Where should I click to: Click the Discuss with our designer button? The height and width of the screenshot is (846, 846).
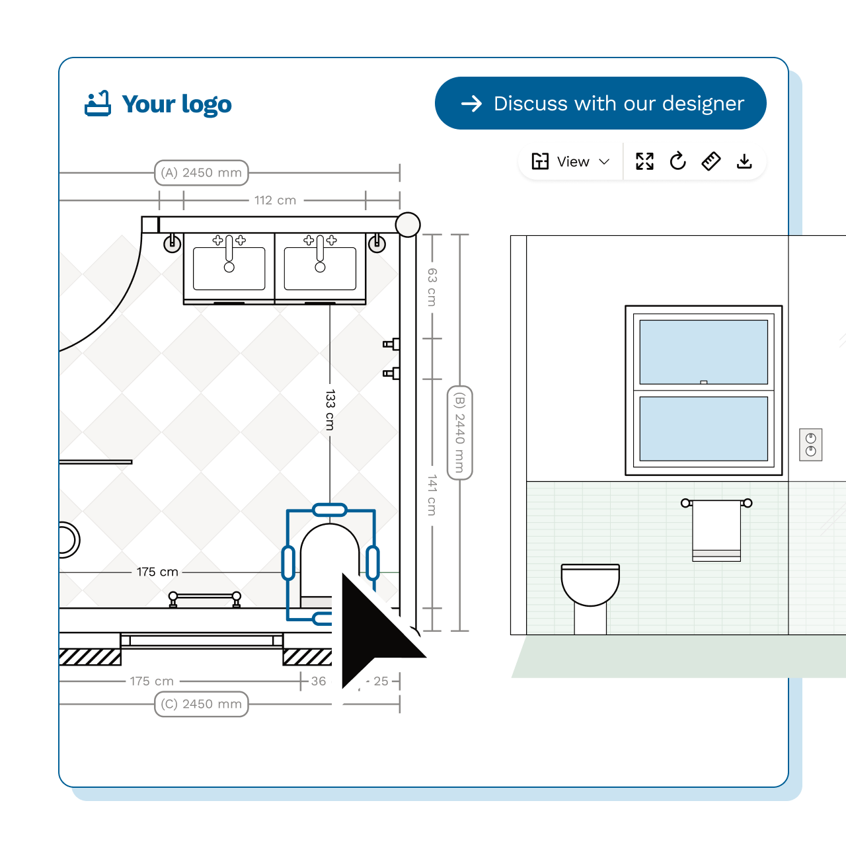click(x=600, y=103)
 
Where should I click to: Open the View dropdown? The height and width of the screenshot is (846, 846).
click(x=570, y=162)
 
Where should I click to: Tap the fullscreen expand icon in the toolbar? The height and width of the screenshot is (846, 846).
click(x=644, y=161)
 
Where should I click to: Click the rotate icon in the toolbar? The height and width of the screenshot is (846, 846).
click(x=677, y=161)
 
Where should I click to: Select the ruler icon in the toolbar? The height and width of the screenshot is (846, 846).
click(x=711, y=161)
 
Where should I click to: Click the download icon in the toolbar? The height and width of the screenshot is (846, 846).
click(x=744, y=161)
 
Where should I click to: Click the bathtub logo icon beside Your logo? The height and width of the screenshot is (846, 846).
click(x=98, y=104)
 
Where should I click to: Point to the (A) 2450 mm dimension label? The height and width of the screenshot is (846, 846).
click(x=201, y=173)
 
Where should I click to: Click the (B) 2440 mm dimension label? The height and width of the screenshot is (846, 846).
click(x=460, y=432)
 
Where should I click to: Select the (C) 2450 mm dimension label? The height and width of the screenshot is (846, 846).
click(x=201, y=704)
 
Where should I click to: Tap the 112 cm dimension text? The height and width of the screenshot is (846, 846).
click(x=275, y=200)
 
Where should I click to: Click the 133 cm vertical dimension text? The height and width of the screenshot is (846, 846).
click(x=330, y=410)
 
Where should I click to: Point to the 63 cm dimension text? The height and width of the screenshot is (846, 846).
click(x=432, y=286)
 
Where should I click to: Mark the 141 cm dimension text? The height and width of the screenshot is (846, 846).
click(x=432, y=494)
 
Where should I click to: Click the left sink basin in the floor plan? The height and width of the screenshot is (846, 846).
click(x=229, y=268)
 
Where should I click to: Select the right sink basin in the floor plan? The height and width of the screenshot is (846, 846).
click(x=320, y=268)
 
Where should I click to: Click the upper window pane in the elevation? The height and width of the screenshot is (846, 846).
click(x=703, y=351)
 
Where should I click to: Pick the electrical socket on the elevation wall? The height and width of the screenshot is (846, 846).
click(x=810, y=444)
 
